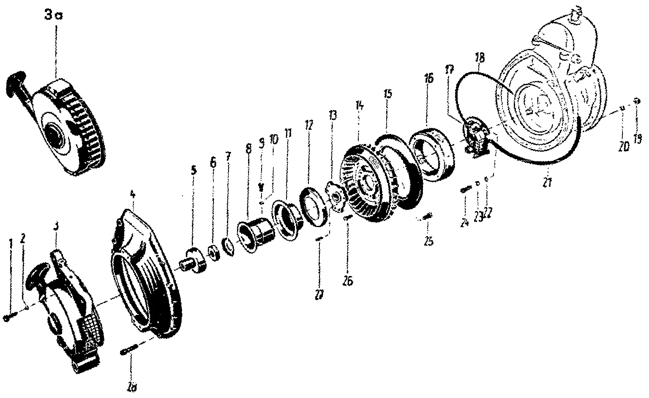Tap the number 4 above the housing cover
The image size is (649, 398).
(x=132, y=195)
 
